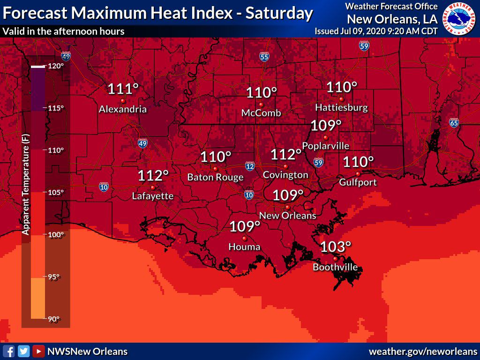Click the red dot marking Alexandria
pos(123,101)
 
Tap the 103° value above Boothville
pos(336,247)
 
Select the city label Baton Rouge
pos(215,177)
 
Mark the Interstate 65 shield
pos(453,123)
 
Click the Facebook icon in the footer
pos(9,351)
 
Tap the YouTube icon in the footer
pos(39,351)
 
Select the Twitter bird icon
pos(24,351)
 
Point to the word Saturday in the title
pos(279,13)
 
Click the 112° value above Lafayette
pos(153,176)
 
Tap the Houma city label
pos(244,247)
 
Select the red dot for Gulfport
pos(358,174)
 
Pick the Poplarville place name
pos(326,146)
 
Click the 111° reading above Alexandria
pos(123,89)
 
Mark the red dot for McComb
pos(261,104)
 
